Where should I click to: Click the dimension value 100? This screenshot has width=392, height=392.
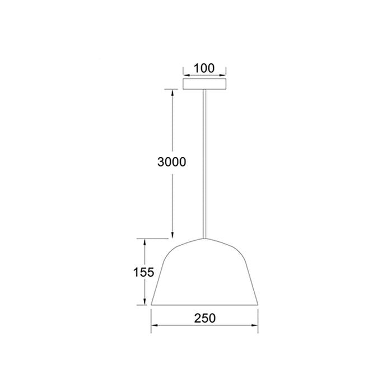click(x=204, y=68)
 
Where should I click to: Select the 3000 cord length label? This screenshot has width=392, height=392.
click(x=172, y=162)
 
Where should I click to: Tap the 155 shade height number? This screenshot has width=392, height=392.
click(x=143, y=272)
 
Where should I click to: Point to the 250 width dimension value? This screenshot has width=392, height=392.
click(x=205, y=318)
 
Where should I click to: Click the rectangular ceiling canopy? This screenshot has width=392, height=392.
click(x=204, y=84)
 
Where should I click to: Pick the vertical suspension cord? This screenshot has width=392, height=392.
click(x=204, y=164)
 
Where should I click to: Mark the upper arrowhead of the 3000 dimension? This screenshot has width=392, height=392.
click(x=172, y=92)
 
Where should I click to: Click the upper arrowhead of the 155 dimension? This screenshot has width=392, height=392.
click(x=144, y=242)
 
